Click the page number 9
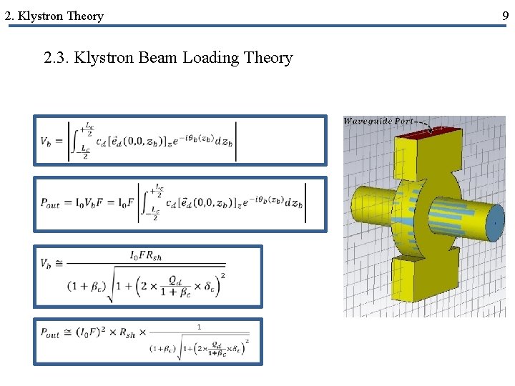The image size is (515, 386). pyautogui.click(x=506, y=15)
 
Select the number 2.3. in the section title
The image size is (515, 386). pyautogui.click(x=57, y=58)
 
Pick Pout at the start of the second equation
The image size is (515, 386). pyautogui.click(x=51, y=203)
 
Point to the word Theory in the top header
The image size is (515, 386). pyautogui.click(x=86, y=16)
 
